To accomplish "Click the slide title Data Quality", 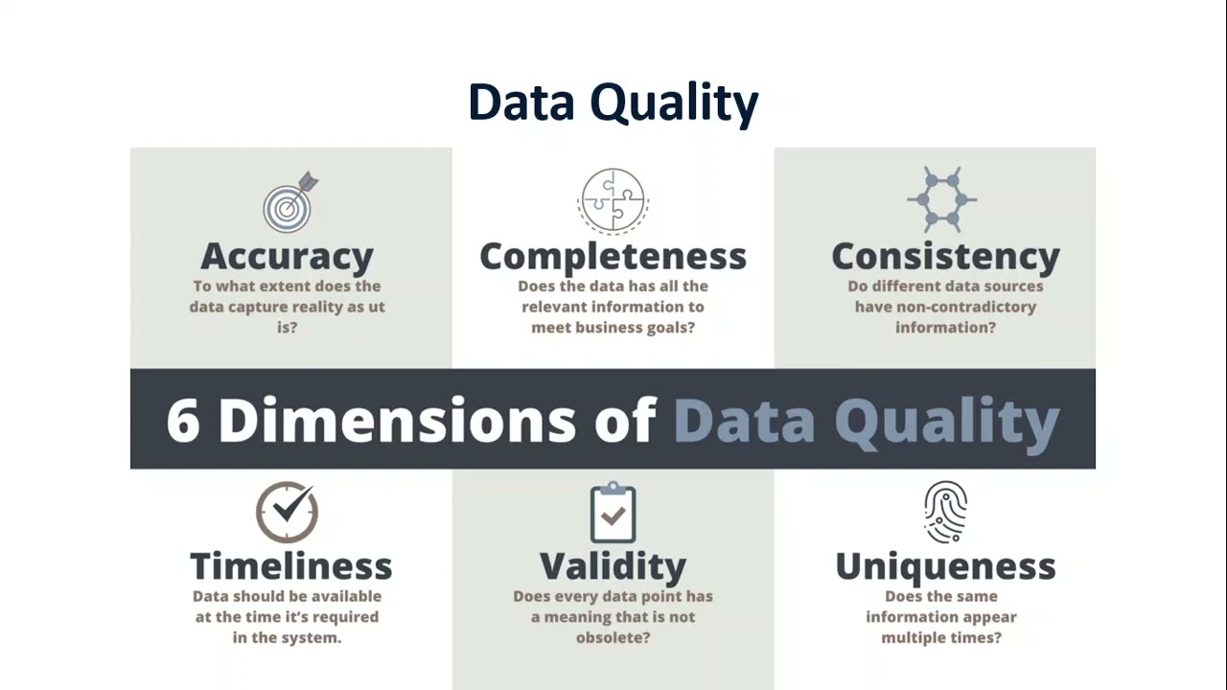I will (613, 102).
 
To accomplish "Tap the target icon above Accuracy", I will (289, 203).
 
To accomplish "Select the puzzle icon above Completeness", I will (613, 200).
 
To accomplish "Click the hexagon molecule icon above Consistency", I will (942, 199).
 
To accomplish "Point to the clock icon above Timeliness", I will (287, 512).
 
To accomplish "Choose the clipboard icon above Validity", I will (613, 514).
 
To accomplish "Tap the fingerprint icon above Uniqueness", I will (945, 513).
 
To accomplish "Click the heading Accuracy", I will (287, 256).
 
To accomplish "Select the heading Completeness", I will (613, 256).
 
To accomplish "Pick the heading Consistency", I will (945, 256).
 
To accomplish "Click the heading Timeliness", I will (290, 565).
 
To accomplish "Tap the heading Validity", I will (613, 566).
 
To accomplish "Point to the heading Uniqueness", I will (945, 565).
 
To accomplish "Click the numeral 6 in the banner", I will (182, 420).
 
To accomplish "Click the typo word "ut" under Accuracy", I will (374, 307).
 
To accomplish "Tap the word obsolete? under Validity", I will (613, 637).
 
